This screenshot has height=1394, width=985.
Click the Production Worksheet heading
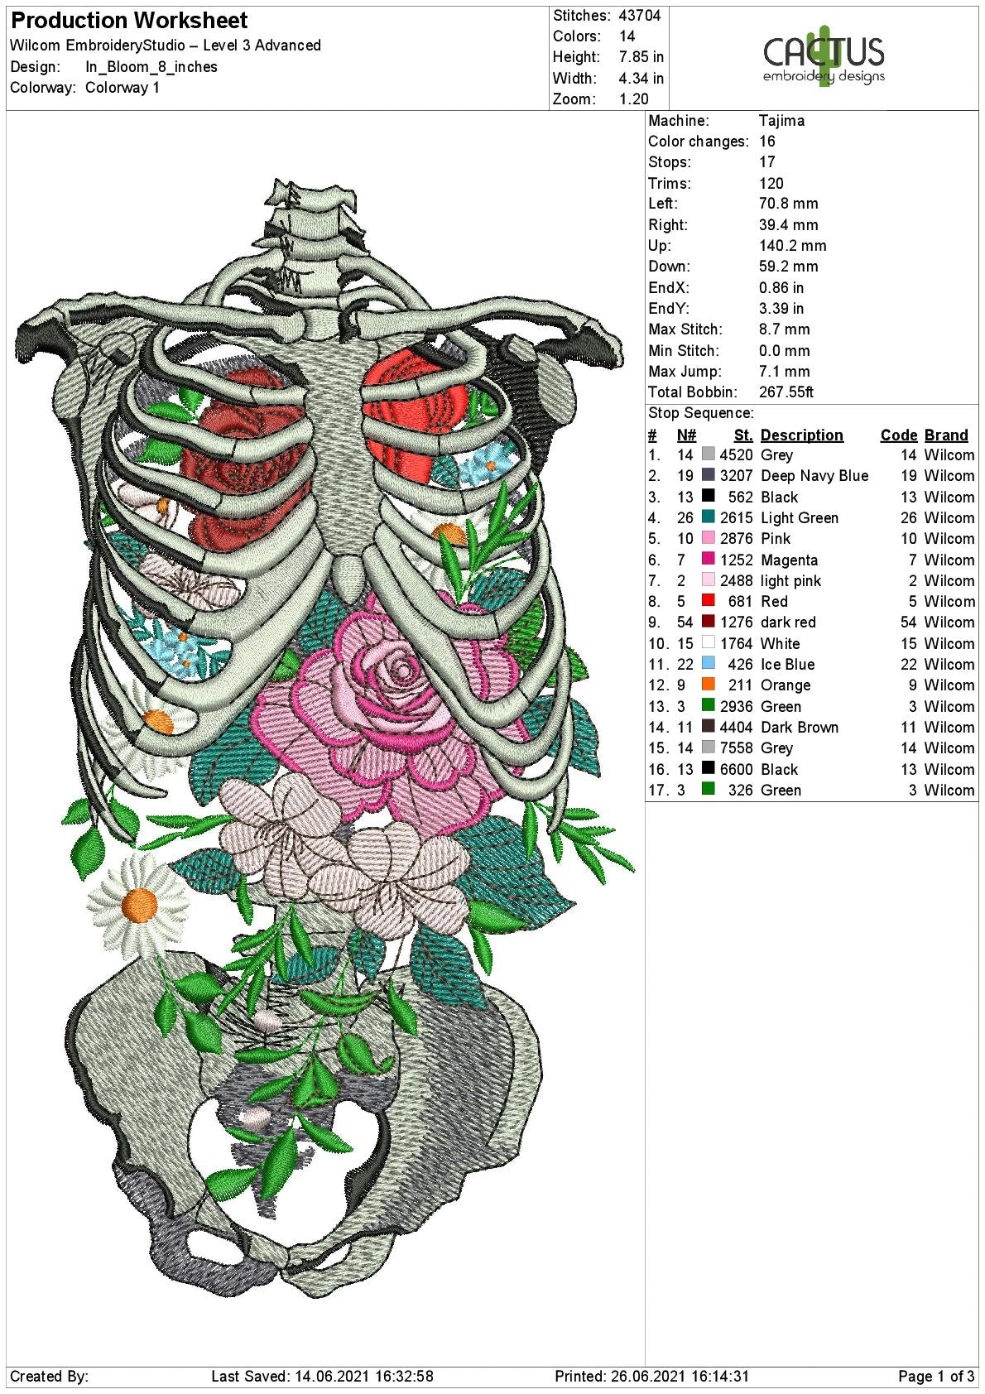tap(130, 21)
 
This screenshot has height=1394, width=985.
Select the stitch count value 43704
tap(640, 16)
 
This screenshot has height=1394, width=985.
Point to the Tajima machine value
tap(781, 121)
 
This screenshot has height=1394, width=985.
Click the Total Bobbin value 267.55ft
tap(786, 392)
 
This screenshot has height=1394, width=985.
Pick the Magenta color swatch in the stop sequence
tap(708, 560)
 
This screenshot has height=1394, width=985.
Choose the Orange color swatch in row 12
tap(708, 685)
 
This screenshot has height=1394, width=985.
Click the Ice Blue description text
tap(787, 665)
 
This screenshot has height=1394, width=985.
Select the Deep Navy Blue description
tap(814, 476)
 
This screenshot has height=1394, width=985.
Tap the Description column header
tap(801, 435)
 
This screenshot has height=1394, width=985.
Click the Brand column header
tap(946, 435)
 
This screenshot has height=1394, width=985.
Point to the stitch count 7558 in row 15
tap(736, 748)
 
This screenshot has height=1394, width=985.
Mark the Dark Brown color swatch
tap(708, 728)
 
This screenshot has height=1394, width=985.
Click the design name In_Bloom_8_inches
tap(151, 67)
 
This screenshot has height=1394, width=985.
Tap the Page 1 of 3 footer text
tap(936, 1377)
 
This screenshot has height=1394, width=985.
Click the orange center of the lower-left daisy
tap(139, 905)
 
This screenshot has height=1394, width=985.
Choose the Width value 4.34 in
tap(641, 79)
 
